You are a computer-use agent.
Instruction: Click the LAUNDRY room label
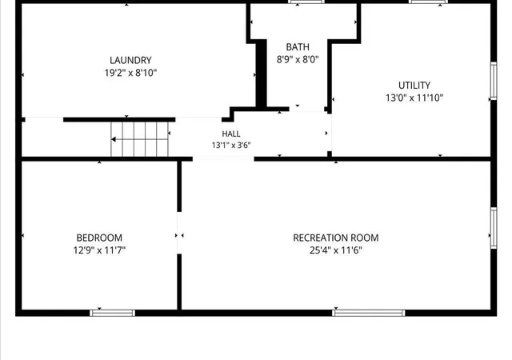click(130, 60)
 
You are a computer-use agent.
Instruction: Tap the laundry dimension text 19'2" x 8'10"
click(130, 73)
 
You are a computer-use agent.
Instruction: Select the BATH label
click(298, 47)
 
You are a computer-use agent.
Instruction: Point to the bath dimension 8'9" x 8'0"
click(298, 59)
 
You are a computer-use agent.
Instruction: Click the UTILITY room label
click(414, 86)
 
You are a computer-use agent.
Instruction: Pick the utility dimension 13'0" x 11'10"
click(414, 98)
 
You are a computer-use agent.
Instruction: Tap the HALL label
click(231, 134)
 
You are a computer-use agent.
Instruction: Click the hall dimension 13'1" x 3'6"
click(231, 145)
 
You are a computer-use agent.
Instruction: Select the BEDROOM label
click(99, 238)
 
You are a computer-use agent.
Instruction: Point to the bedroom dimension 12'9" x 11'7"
click(99, 250)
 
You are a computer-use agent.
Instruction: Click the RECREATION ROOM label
click(336, 238)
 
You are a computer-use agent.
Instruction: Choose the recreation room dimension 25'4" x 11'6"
click(336, 250)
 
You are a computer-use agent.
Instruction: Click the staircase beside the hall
click(140, 139)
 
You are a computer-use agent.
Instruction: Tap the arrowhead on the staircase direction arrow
click(114, 139)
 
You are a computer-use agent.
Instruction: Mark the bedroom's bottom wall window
click(112, 313)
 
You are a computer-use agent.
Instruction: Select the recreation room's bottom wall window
click(369, 313)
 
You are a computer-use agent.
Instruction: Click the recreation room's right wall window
click(494, 228)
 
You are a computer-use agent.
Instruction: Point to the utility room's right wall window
click(494, 81)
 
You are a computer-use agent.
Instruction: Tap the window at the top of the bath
click(306, 2)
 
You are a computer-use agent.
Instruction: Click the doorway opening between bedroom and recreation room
click(179, 233)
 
